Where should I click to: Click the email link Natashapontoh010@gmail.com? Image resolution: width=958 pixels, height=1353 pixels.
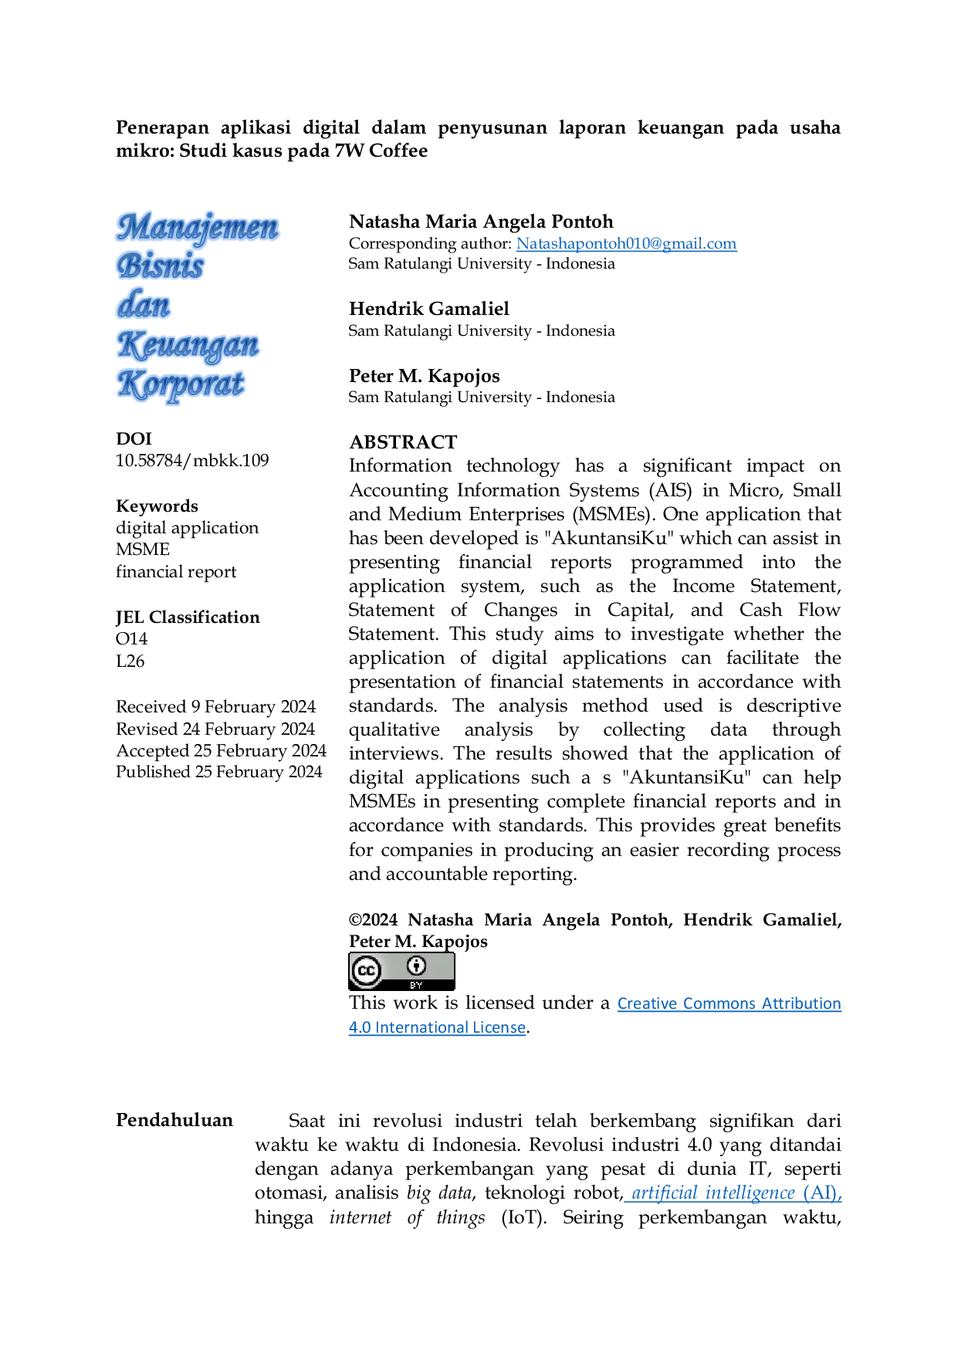coord(626,244)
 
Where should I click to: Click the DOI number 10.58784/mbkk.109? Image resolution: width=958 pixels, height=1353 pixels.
coord(192,461)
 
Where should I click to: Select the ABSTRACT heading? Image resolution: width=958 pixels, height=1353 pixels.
coord(403,442)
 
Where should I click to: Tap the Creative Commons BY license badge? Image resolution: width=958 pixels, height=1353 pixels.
coord(401,972)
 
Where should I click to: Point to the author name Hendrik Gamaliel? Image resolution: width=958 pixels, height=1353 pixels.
coord(429,309)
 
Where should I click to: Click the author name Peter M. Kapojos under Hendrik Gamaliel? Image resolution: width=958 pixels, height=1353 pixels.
coord(425,376)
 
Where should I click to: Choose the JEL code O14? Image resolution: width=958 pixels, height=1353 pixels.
coord(131,639)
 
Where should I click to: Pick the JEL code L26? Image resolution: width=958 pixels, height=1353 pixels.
coord(130,661)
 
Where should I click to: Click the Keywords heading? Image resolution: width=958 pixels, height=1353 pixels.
coord(157,506)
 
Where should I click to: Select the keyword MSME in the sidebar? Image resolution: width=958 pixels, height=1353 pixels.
coord(143,550)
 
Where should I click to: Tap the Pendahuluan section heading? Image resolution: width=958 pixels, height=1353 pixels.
coord(174,1121)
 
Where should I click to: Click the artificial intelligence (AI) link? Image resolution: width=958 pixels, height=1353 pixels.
coord(736,1193)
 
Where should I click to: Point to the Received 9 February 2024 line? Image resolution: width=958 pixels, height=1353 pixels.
coord(216,707)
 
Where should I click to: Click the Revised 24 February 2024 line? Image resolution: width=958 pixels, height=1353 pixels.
coord(215,729)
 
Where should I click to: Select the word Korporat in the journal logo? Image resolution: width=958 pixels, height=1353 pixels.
coord(181,385)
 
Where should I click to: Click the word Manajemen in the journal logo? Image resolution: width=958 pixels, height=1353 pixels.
coord(198,228)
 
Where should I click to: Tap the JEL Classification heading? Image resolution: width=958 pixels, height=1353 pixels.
coord(188,617)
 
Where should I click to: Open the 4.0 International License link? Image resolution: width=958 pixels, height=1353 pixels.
coord(437,1028)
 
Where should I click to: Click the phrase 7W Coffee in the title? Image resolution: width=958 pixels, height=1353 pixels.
coord(381,151)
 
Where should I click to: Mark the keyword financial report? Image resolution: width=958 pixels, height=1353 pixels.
coord(176,572)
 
